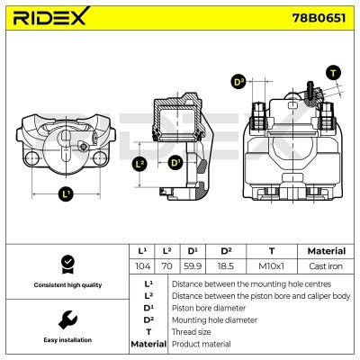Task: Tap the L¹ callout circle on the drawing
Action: point(66,193)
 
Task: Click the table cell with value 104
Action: point(142,266)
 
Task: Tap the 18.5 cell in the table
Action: point(226,266)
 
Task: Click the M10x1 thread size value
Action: point(272,266)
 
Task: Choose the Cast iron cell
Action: point(326,266)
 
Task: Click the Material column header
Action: point(326,251)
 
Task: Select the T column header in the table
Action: point(272,251)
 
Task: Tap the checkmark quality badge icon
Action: point(66,263)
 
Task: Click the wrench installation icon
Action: point(66,319)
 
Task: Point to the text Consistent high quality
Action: point(66,284)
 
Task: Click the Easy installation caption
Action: point(66,340)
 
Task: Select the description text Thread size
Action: point(197,330)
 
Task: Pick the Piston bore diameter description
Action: point(209,306)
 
